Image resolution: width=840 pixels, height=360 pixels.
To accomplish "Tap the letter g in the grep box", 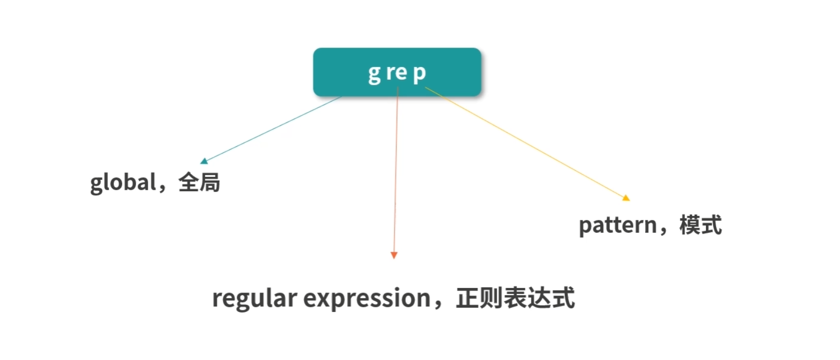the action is click(374, 74).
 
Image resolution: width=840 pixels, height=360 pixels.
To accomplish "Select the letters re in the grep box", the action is click(396, 73).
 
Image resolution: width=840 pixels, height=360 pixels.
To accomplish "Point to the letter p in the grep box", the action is click(419, 74).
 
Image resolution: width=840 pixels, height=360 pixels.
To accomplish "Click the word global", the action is click(123, 183).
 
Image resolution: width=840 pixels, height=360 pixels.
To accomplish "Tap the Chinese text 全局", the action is click(199, 183).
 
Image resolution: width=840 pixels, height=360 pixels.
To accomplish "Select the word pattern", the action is click(617, 225).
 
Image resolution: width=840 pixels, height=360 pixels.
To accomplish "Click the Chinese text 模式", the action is click(700, 225).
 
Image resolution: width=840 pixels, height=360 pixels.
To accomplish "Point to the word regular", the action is click(254, 298).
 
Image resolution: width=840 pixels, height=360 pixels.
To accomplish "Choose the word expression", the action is click(367, 298).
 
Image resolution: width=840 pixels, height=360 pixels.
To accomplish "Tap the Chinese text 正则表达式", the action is click(515, 298).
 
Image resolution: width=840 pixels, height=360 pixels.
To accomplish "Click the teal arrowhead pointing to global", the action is click(204, 161).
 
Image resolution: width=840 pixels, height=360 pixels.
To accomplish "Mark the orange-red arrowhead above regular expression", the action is click(394, 255).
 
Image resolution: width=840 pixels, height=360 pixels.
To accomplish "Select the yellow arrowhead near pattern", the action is click(626, 197).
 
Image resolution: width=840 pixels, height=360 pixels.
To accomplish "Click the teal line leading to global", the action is click(271, 129).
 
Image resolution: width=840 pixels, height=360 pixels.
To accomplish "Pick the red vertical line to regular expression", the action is click(396, 174).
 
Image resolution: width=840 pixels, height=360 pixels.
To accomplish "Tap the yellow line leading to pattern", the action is click(527, 143).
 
